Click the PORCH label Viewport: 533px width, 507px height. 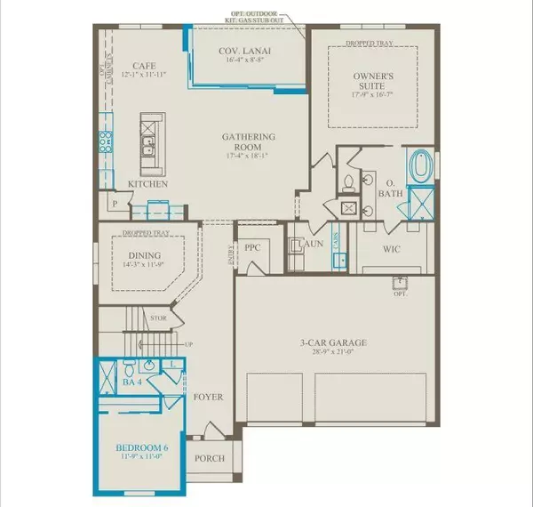[x=210, y=459]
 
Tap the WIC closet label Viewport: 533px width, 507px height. [x=392, y=250]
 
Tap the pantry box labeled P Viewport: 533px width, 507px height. [x=115, y=204]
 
